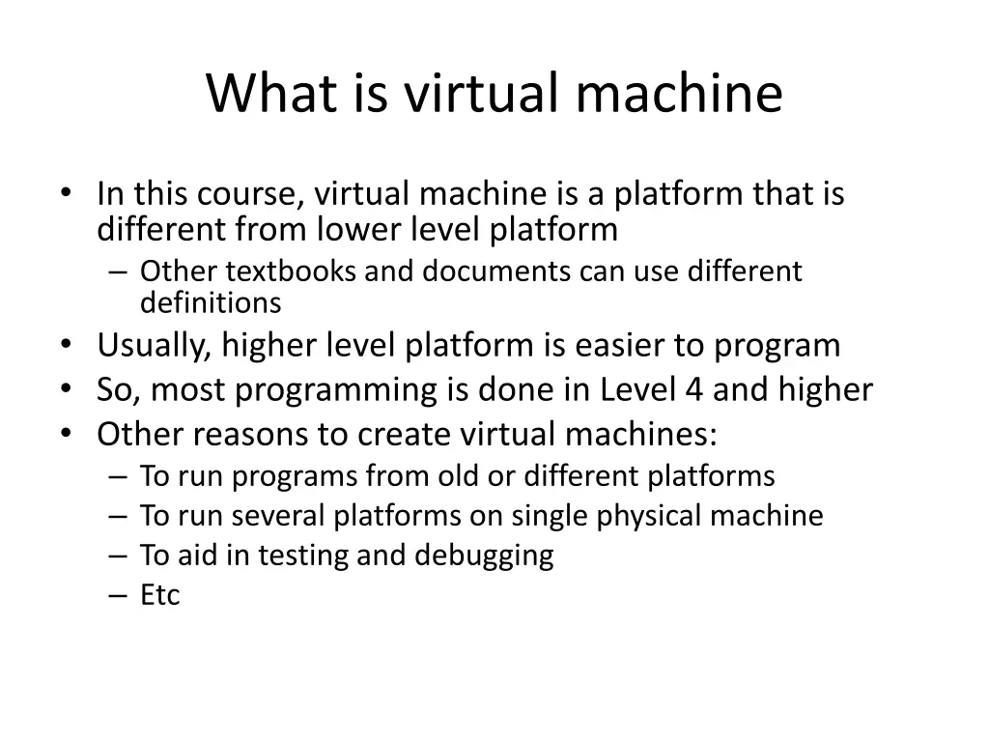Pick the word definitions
tap(211, 303)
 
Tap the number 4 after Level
tap(690, 389)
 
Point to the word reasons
tap(249, 435)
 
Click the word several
tap(282, 516)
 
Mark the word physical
tap(650, 516)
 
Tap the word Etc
tap(159, 595)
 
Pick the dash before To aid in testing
tap(118, 556)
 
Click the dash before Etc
tap(118, 595)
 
